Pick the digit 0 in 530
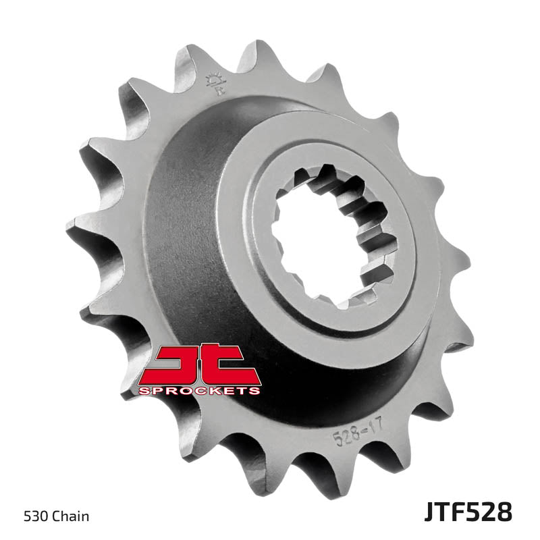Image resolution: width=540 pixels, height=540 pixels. tap(48, 517)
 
